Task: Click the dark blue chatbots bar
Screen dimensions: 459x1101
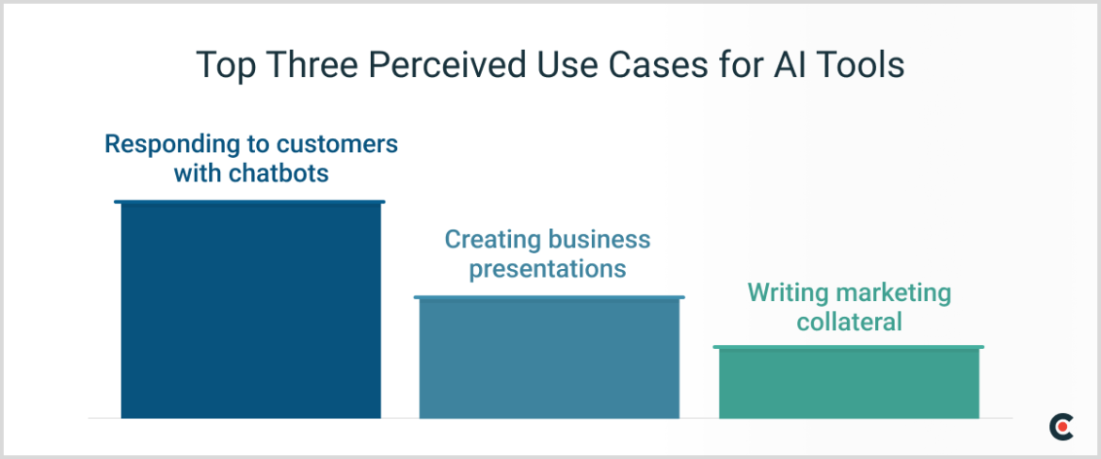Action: (250, 310)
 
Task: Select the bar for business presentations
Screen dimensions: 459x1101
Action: (549, 357)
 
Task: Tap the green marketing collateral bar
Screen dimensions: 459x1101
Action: (849, 383)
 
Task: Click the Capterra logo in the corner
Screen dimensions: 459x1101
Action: (1061, 427)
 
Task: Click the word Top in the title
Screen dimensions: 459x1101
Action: (223, 67)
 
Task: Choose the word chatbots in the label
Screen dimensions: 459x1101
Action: (279, 175)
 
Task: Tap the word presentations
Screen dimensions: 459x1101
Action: (548, 270)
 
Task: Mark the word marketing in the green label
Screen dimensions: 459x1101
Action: (891, 293)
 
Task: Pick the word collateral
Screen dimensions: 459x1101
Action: (849, 323)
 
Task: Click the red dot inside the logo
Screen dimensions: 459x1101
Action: (1064, 428)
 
